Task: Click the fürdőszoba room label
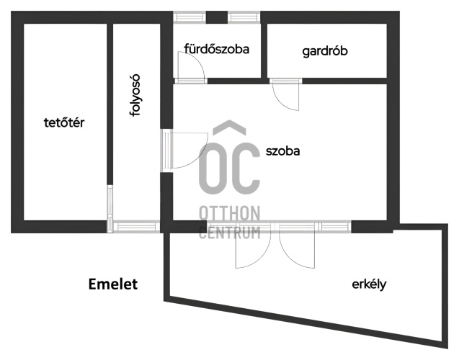pos(217,49)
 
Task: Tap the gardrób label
pos(325,51)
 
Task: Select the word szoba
pos(282,151)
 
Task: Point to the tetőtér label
pos(64,122)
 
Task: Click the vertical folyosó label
pos(135,95)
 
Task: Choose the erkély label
pos(369,284)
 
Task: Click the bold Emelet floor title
pos(113,284)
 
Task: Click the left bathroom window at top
pos(190,17)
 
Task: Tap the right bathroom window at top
pos(244,17)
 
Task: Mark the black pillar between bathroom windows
pos(217,17)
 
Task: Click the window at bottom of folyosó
pos(136,227)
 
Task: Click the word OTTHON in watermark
pos(229,213)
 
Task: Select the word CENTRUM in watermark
pos(229,233)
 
